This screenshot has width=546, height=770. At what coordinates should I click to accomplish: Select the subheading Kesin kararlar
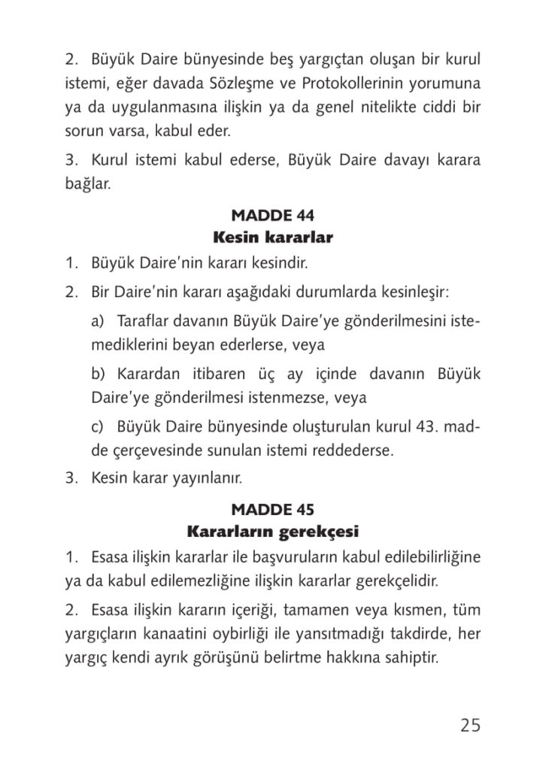click(272, 238)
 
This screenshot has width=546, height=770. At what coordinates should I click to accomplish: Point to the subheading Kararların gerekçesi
click(272, 532)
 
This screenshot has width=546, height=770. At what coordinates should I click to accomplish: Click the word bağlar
click(87, 183)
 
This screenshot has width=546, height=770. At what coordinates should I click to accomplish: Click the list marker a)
click(98, 321)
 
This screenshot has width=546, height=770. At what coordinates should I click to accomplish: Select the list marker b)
click(99, 374)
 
